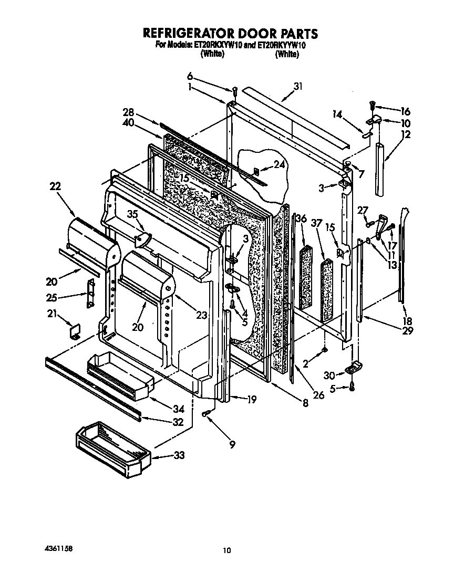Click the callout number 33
[179, 455]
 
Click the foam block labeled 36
[305, 276]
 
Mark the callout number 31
[298, 87]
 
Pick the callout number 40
[128, 123]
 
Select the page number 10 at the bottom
[226, 550]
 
